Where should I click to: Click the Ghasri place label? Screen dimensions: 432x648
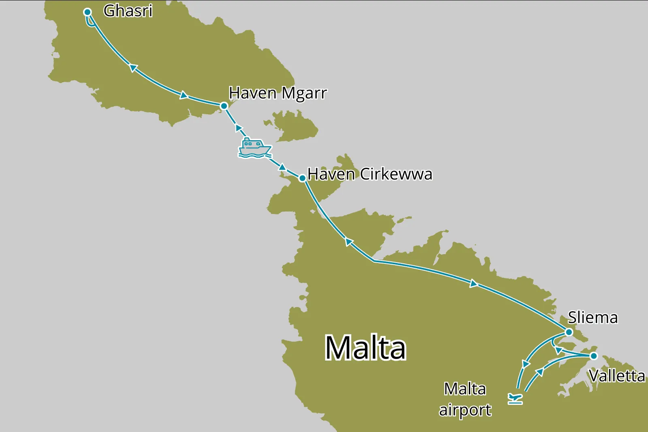coord(128,11)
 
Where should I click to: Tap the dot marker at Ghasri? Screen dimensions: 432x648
coord(87,12)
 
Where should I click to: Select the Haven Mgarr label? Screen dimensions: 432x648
coord(278,93)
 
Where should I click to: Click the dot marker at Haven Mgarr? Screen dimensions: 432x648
coord(224,106)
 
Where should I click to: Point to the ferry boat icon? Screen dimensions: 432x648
coord(254,148)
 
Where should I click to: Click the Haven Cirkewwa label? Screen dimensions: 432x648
coord(370,174)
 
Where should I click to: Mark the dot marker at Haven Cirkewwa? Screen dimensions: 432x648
coord(302,178)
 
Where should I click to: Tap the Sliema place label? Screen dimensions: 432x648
coord(593,318)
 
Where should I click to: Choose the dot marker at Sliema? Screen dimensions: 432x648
coord(569,332)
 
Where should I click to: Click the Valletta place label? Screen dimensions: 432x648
coord(617,376)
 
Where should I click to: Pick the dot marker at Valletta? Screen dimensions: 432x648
coord(594,356)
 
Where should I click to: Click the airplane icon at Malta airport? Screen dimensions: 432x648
coord(515,398)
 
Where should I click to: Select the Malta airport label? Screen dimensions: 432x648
coord(465,400)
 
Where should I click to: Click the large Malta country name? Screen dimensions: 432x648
coord(365,348)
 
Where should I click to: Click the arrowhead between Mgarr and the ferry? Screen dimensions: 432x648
coord(239,128)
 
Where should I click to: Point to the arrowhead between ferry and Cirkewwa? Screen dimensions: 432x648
coord(282,167)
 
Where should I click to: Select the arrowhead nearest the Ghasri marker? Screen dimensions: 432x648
coord(133,68)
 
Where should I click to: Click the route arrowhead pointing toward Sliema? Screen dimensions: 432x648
coord(473,284)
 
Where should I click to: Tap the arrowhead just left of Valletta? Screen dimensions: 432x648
coord(559,350)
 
